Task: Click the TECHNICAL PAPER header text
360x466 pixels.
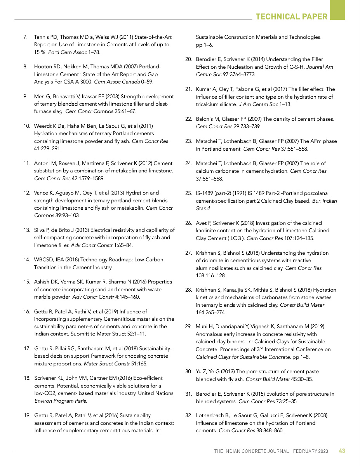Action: coord(292,16)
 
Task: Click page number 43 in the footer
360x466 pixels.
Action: coord(342,451)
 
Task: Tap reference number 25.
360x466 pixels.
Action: coord(188,193)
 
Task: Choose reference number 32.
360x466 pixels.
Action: coord(188,416)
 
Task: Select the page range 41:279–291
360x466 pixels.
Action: coord(47,149)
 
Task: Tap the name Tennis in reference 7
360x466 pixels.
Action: coord(42,37)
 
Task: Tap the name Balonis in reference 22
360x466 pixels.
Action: coord(205,119)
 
